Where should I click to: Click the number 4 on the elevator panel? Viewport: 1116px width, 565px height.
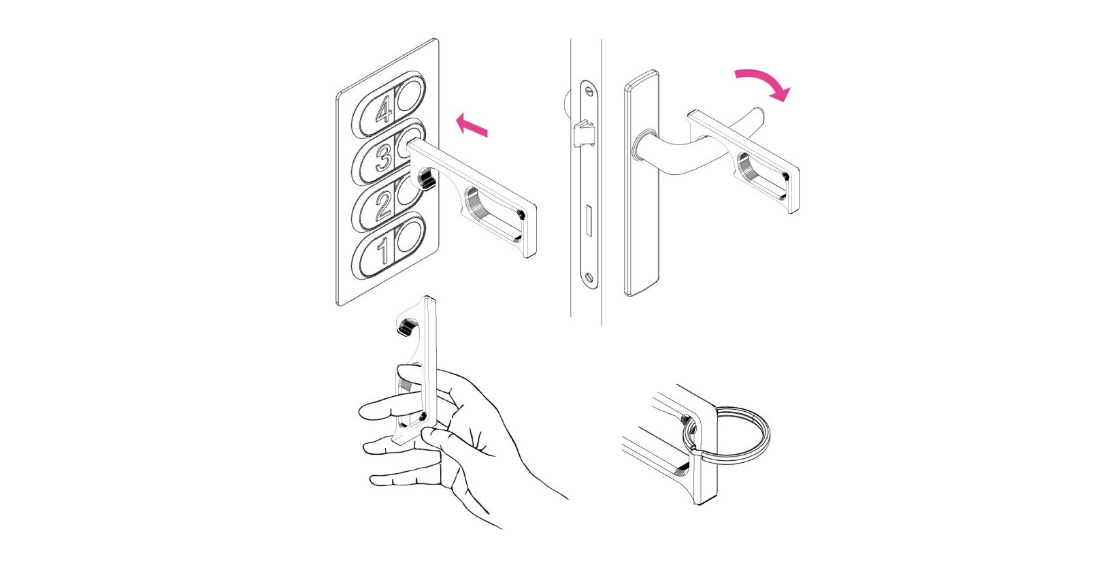(x=384, y=110)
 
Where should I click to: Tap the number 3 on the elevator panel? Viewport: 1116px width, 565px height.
(x=384, y=157)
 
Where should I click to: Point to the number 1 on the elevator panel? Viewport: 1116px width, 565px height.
(x=383, y=251)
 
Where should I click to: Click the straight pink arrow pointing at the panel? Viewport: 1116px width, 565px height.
(x=472, y=125)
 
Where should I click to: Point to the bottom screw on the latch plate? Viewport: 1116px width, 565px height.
(x=589, y=277)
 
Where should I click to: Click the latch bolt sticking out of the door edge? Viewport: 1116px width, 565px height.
(x=584, y=133)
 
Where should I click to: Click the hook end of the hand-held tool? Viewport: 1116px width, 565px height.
(x=408, y=324)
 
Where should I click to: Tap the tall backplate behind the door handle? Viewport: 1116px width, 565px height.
(x=641, y=183)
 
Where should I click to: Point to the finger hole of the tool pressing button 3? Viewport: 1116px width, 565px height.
(x=493, y=214)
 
